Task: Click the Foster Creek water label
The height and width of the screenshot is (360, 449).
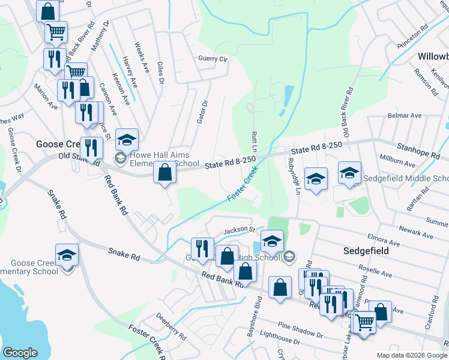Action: pos(246,188)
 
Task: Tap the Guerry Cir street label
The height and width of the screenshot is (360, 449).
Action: pos(213,59)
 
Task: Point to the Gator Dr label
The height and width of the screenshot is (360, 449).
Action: pos(202,112)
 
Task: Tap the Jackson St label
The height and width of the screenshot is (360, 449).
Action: pos(240,230)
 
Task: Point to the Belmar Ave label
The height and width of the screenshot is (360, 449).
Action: pos(405,115)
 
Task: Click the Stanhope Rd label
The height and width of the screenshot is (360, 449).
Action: pos(414,146)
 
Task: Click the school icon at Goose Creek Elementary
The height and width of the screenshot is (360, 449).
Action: pos(67,255)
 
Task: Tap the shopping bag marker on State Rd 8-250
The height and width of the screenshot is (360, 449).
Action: pos(165,173)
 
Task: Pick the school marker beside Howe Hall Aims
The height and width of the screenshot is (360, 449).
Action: pos(127,140)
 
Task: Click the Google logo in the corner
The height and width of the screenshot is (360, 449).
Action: pos(20,353)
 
